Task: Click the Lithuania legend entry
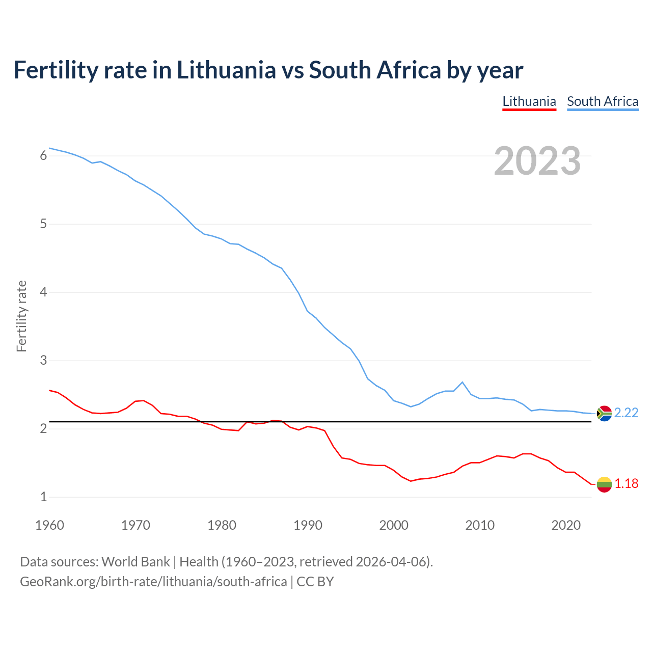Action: (x=529, y=101)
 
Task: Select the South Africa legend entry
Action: (x=603, y=101)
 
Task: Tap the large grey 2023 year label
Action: (x=537, y=161)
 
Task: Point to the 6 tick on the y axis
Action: (x=43, y=156)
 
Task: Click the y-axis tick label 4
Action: (x=43, y=292)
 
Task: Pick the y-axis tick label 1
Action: (x=43, y=497)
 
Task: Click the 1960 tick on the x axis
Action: (x=49, y=525)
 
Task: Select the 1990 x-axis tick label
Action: (x=308, y=525)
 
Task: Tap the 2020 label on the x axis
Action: (x=566, y=525)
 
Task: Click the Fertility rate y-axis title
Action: (x=21, y=316)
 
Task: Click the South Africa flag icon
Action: (x=604, y=413)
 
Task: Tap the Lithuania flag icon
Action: (x=604, y=484)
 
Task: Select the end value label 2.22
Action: (x=626, y=413)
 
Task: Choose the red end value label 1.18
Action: (x=626, y=484)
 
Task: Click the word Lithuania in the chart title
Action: (x=226, y=70)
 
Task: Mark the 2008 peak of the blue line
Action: (x=462, y=382)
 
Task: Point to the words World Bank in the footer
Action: (x=135, y=562)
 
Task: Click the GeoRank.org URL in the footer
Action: (x=153, y=582)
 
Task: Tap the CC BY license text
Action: (x=315, y=582)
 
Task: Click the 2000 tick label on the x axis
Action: (x=394, y=525)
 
